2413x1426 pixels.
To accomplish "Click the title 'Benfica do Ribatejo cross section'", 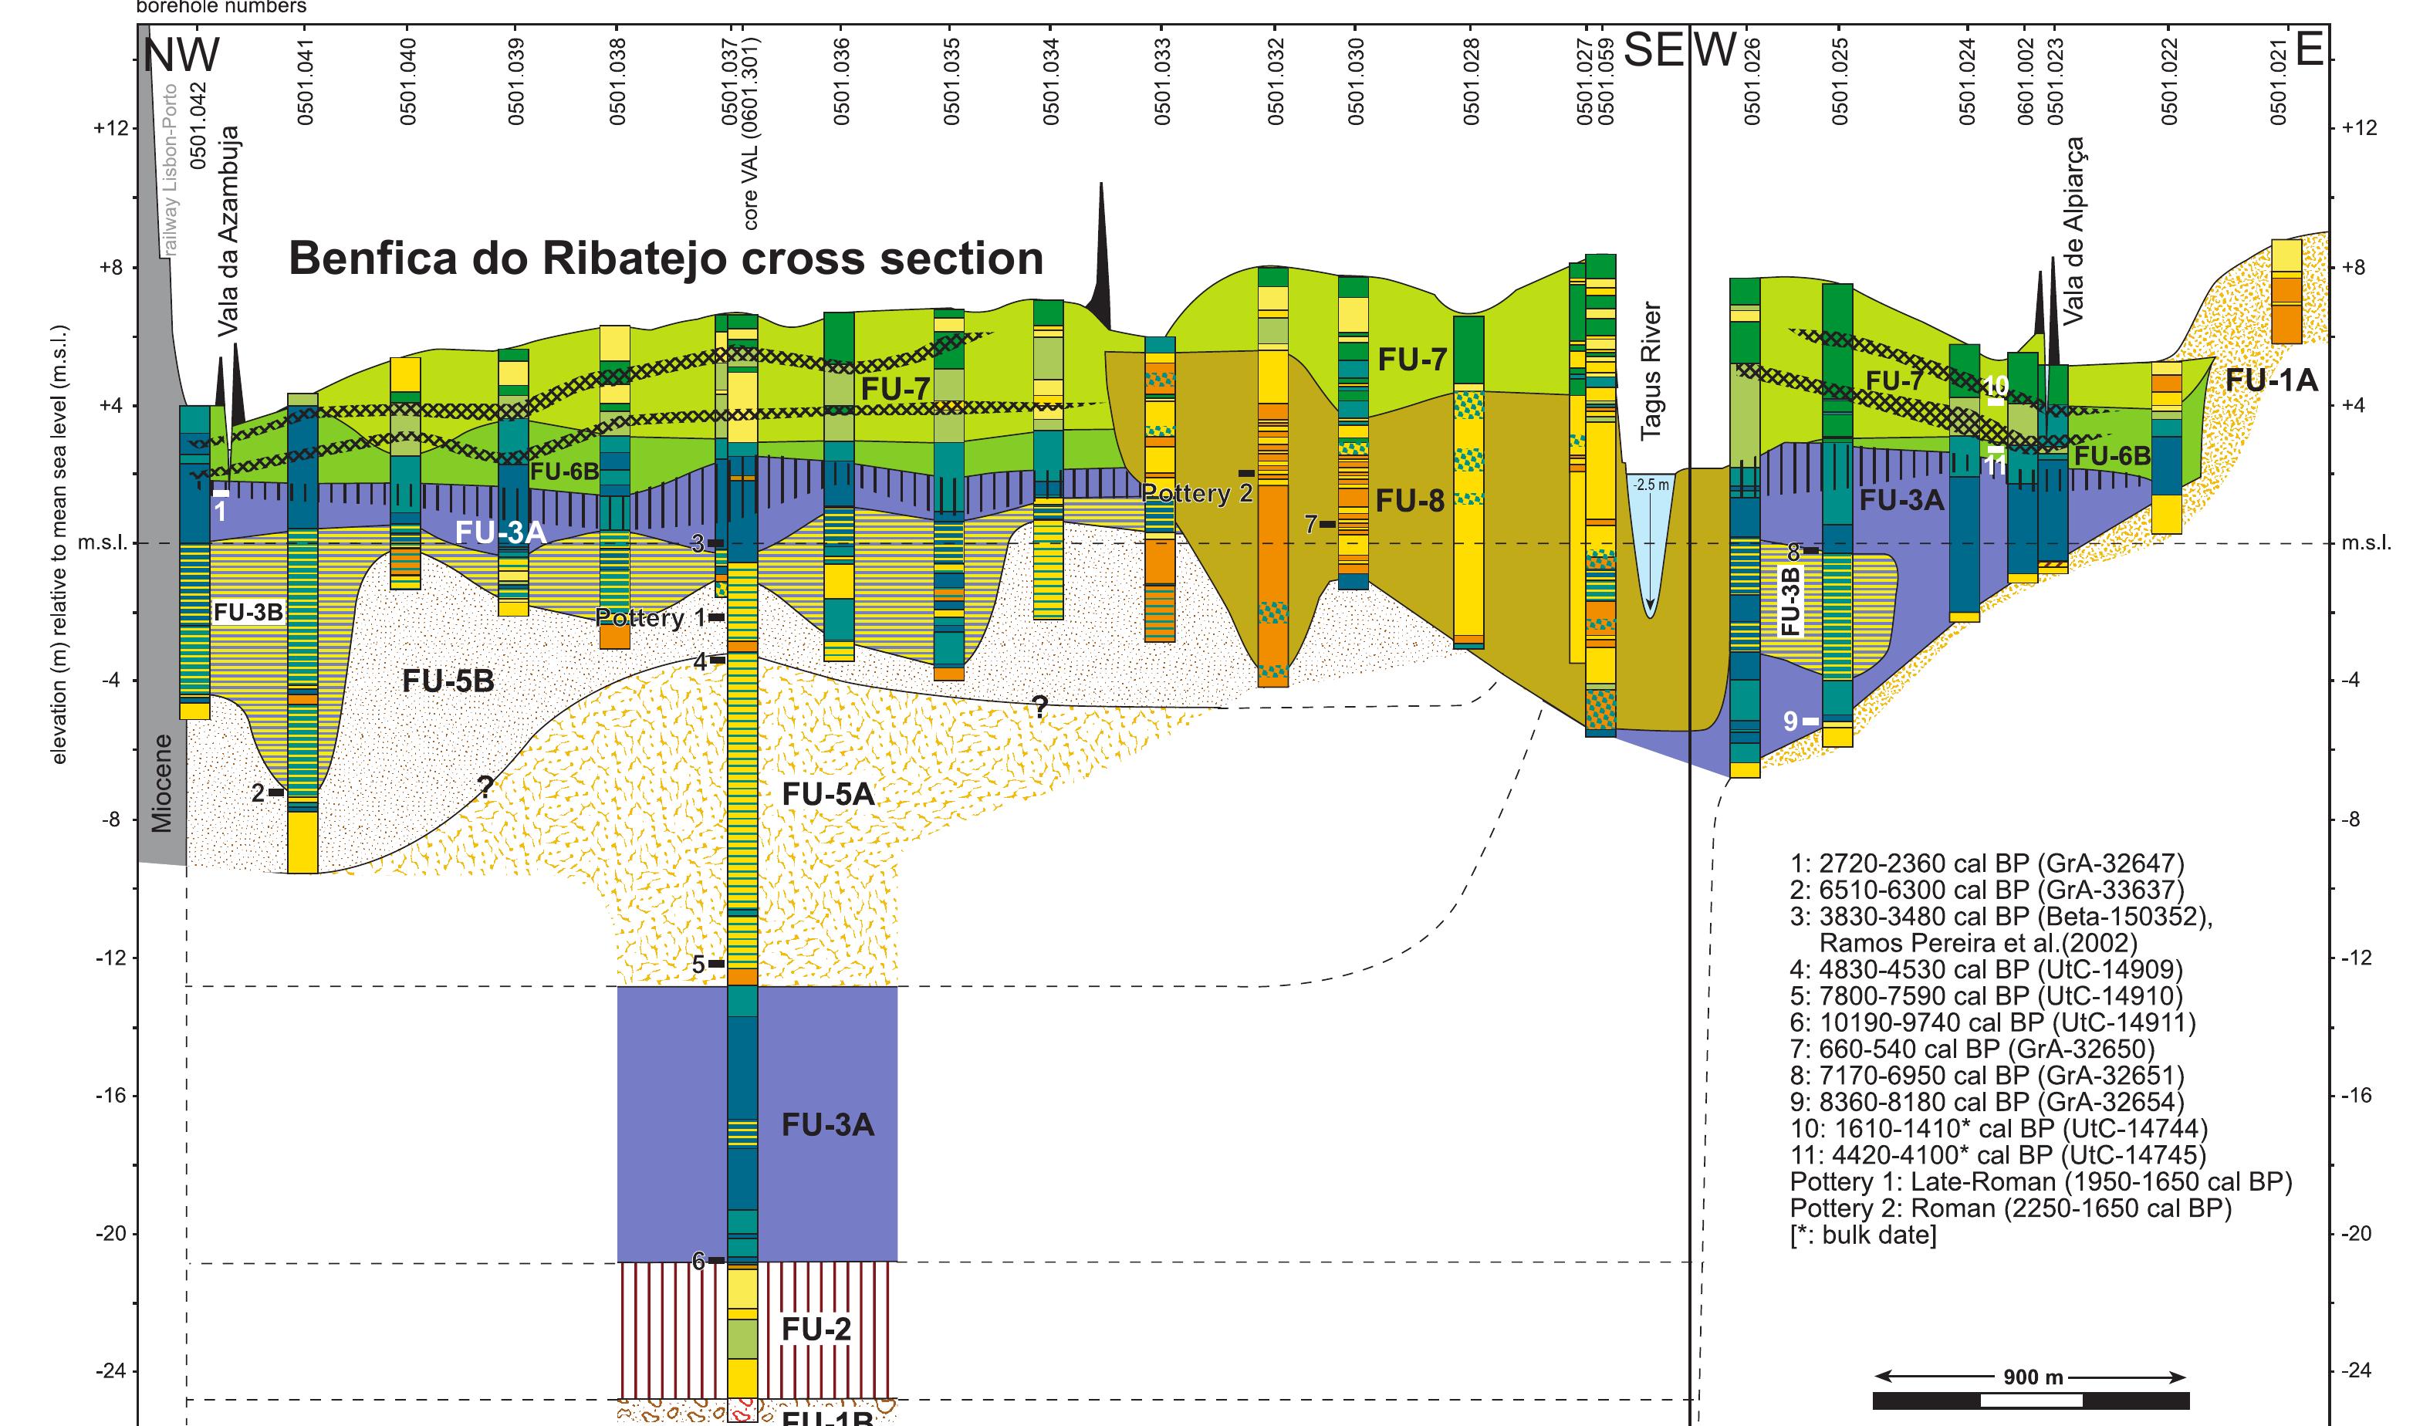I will click(x=666, y=259).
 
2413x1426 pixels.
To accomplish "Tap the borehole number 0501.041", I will click(x=306, y=81).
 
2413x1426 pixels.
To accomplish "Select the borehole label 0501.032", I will click(x=1276, y=81).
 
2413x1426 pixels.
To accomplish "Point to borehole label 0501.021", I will click(x=2277, y=81).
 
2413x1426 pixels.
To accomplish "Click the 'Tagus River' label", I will click(x=1650, y=372).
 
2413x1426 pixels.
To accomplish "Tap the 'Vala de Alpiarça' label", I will click(x=2073, y=230).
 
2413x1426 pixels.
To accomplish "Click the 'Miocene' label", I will click(x=162, y=783).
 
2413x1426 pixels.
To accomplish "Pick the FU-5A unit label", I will click(x=828, y=794).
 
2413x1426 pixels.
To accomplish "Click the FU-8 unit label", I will click(x=1410, y=500).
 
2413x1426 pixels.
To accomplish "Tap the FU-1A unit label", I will click(x=2271, y=381).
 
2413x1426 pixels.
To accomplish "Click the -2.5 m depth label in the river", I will click(x=1650, y=485).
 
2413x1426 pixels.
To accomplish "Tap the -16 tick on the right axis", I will click(x=2357, y=1097).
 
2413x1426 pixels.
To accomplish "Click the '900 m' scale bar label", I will click(x=2033, y=1377).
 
